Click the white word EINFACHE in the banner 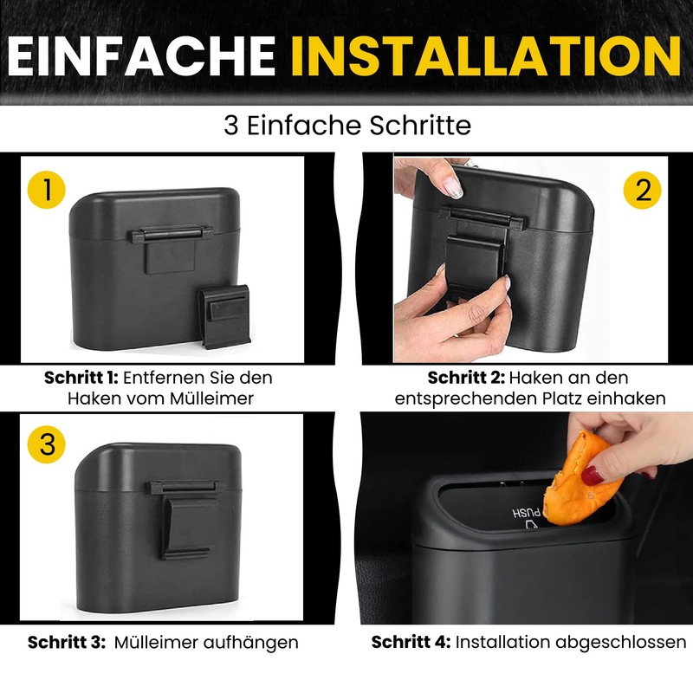142,56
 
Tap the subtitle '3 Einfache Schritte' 347,126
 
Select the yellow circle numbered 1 47,190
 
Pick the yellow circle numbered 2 642,191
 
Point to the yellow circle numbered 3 47,444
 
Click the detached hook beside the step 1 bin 224,316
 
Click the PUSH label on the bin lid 527,513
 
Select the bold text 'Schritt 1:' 81,378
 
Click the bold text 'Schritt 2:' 466,378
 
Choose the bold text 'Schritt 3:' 67,642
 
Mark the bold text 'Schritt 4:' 411,642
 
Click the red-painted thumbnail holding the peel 592,476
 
